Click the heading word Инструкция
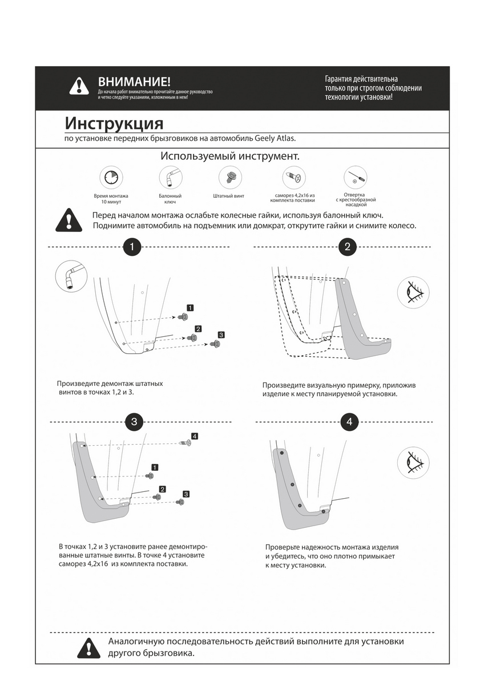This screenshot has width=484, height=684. click(x=114, y=123)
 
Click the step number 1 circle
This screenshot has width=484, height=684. click(x=132, y=247)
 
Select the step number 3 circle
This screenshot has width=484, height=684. click(x=134, y=422)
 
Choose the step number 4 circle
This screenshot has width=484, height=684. click(x=349, y=422)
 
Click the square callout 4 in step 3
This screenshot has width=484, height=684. click(x=195, y=436)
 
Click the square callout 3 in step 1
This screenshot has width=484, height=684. click(x=221, y=335)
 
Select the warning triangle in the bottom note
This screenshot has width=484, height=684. click(x=89, y=647)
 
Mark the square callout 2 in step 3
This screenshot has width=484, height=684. click(x=162, y=489)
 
